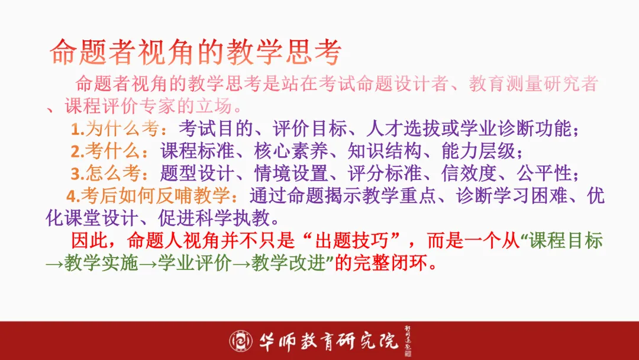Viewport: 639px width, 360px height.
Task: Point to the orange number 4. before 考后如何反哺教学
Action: click(73, 196)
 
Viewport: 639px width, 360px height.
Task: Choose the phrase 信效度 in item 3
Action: click(467, 173)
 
